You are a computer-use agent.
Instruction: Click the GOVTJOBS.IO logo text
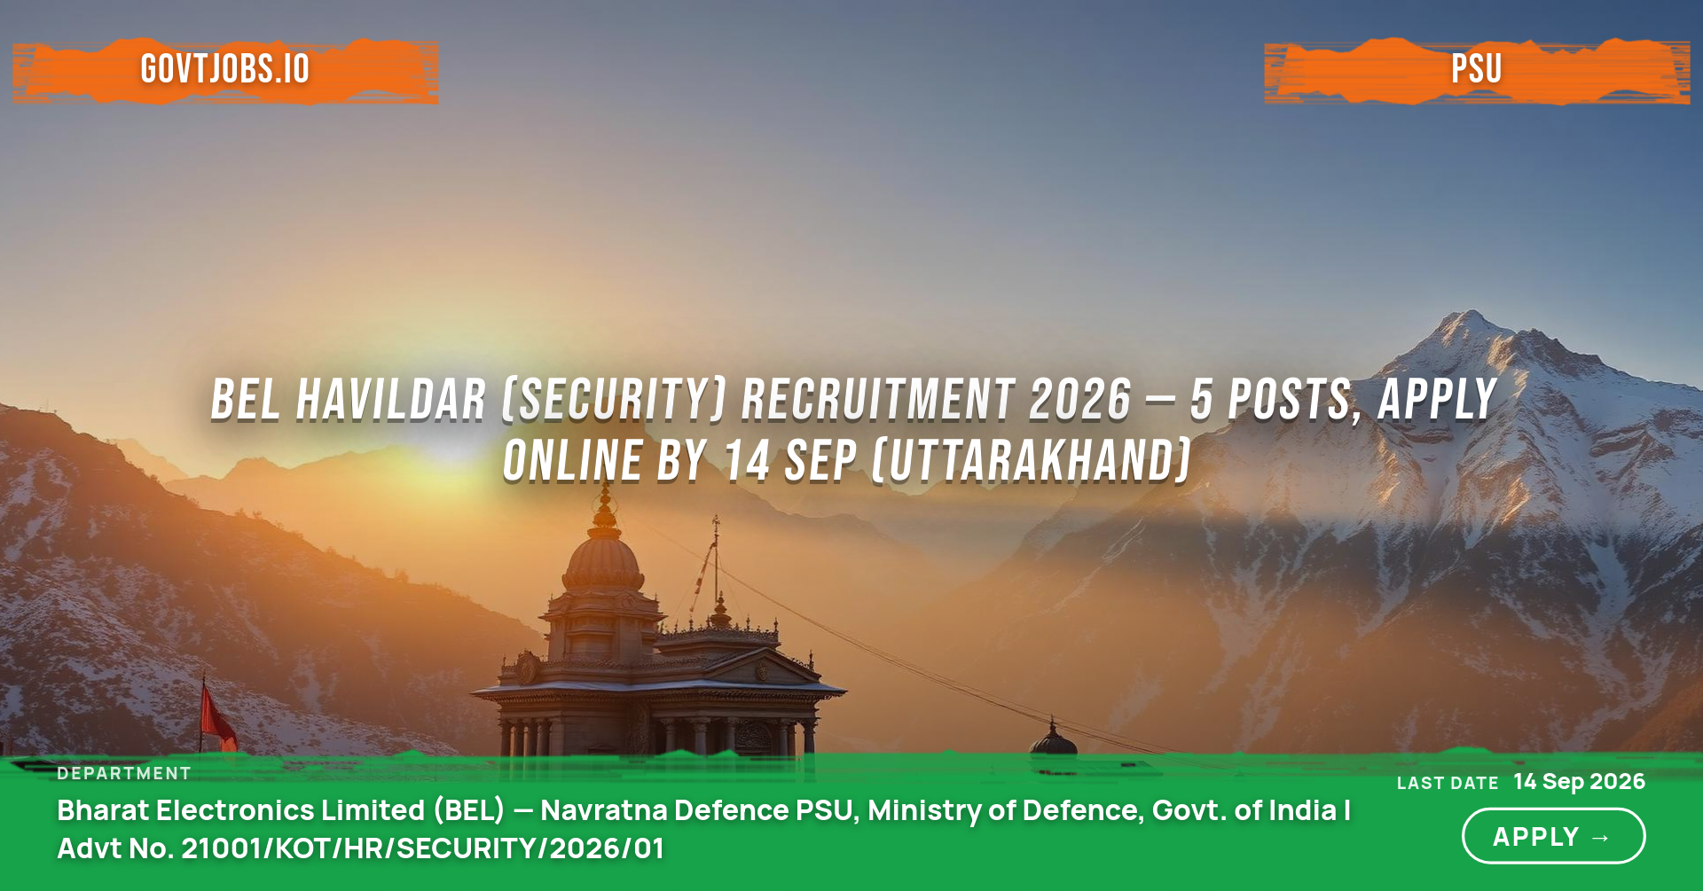tap(225, 69)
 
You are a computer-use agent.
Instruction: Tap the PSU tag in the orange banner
tap(1477, 69)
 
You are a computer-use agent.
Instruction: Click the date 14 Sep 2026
tap(1580, 781)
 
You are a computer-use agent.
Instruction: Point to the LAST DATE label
tap(1448, 784)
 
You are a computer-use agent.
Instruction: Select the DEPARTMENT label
tap(124, 773)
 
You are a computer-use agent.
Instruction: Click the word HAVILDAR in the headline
tap(391, 400)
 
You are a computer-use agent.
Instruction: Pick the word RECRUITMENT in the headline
tap(878, 400)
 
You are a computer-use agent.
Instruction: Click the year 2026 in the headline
tap(1080, 400)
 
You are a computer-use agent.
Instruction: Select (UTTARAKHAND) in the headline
tap(1032, 461)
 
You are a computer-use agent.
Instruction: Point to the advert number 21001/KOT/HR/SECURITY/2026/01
tap(422, 848)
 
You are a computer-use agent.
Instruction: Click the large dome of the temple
tap(603, 560)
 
